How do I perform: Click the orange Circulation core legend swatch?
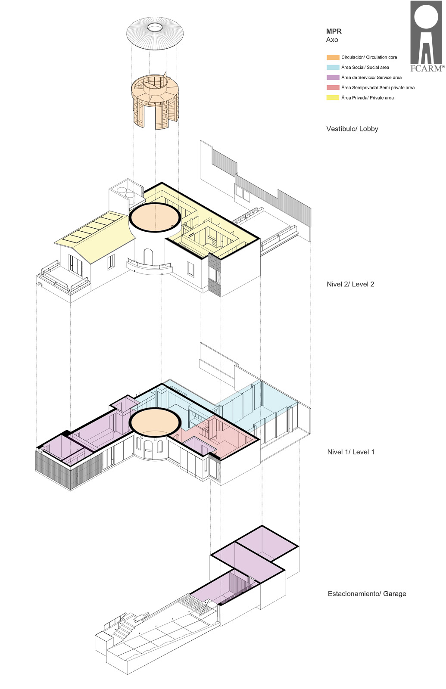333,58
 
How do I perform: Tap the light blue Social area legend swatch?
333,67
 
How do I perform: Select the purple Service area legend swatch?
333,78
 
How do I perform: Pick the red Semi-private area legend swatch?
333,88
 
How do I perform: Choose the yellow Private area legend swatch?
333,98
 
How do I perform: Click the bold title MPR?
334,31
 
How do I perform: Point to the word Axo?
332,40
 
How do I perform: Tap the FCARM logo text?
427,68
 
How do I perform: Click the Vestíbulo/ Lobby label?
352,129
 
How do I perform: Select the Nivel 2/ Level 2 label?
351,284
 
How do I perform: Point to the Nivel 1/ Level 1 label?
351,452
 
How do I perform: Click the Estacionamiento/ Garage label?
367,594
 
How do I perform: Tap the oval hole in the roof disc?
155,28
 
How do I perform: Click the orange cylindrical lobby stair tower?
156,102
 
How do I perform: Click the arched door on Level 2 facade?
148,257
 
